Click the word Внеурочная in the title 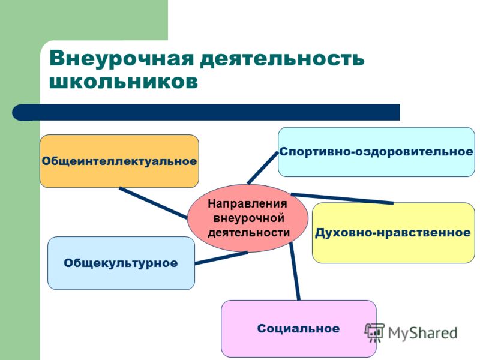[122, 58]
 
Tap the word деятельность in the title [282, 58]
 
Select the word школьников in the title [124, 82]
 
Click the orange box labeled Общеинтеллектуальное [119, 161]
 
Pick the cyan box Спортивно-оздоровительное [376, 152]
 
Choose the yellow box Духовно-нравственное [394, 233]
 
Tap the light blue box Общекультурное [121, 263]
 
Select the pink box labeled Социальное [298, 328]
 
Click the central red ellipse [248, 218]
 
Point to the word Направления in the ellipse [247, 203]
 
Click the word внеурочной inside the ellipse [248, 218]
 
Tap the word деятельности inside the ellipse [248, 233]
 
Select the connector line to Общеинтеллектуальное [154, 203]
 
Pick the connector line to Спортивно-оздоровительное [263, 168]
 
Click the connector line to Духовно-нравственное [342, 199]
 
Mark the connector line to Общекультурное [221, 258]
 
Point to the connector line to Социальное [295, 271]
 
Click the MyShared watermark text [422, 333]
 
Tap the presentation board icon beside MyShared [374, 332]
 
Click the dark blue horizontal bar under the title [206, 112]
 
